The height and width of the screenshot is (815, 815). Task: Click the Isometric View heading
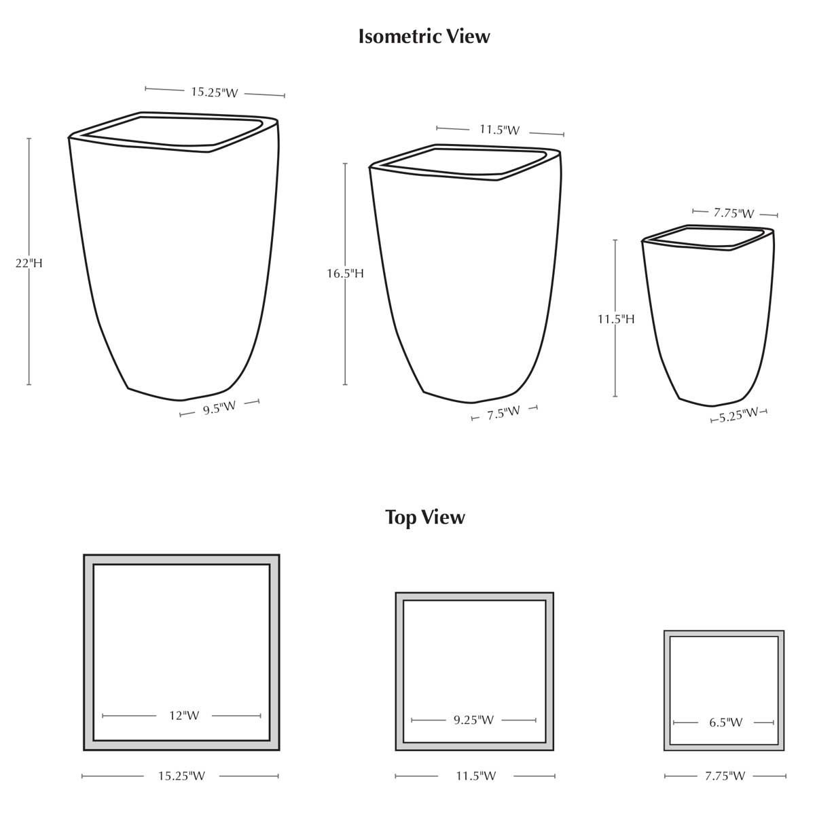pos(424,37)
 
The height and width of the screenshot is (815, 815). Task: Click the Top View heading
pos(424,518)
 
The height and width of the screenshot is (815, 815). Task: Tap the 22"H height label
pos(29,263)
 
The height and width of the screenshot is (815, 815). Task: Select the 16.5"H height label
pos(345,274)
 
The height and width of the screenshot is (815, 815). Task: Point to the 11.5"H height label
pos(616,319)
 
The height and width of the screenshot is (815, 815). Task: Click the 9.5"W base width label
pos(219,408)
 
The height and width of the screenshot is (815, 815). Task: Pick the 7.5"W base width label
pos(503,413)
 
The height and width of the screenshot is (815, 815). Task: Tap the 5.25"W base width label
pos(738,414)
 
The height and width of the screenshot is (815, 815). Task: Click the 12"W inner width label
pos(184,716)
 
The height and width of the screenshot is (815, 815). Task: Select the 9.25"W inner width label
pos(473,720)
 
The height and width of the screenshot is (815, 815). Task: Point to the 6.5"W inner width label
pos(726,723)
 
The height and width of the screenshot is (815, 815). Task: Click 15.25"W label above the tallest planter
pos(215,92)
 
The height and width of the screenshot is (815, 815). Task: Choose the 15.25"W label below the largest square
pos(181,776)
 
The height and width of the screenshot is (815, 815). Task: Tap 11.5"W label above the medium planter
pos(499,130)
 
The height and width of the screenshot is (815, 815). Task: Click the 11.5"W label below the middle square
pos(476,776)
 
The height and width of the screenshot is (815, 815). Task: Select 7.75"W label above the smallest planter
pos(733,213)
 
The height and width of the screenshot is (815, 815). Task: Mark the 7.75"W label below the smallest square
pos(725,776)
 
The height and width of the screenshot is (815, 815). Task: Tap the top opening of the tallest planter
pos(173,132)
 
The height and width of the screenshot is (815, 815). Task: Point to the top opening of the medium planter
pos(465,162)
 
